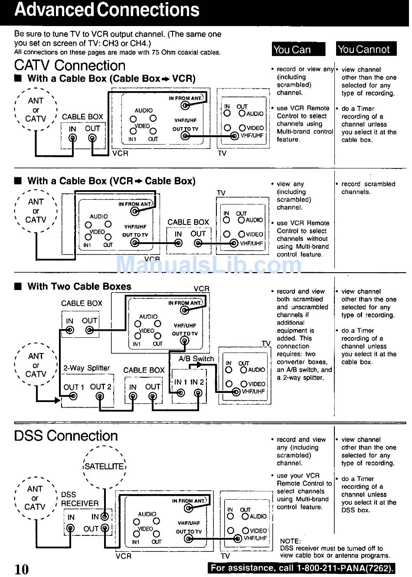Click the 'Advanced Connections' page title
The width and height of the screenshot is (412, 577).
[107, 10]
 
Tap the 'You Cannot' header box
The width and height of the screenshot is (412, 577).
[366, 49]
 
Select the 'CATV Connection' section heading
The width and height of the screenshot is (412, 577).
[70, 66]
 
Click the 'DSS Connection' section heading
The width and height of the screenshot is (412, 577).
[66, 436]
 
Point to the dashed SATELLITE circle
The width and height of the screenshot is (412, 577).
[104, 466]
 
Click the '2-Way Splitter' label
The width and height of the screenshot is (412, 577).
[86, 368]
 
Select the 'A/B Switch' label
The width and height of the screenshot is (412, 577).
[196, 359]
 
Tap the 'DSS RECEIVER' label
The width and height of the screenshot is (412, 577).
[79, 499]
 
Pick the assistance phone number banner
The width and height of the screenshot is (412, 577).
[302, 568]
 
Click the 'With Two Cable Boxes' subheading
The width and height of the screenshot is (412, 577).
[79, 287]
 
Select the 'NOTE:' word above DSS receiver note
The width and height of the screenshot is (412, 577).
[290, 541]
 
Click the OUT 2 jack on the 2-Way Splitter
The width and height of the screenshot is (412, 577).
[101, 396]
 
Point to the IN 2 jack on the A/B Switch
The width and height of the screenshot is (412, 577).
[198, 393]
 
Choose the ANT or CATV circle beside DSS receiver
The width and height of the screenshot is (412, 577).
[36, 498]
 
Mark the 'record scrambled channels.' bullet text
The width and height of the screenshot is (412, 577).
[368, 188]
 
